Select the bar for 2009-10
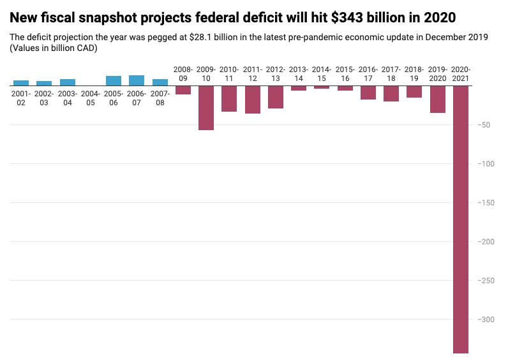[x=206, y=108]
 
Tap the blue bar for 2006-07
[x=137, y=80]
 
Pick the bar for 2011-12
[x=253, y=100]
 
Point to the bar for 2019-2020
[x=438, y=99]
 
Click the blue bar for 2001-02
[x=21, y=83]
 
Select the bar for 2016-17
[x=368, y=93]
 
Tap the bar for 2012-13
[x=276, y=97]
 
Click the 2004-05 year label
[x=91, y=98]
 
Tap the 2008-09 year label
[x=183, y=73]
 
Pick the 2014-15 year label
[x=322, y=73]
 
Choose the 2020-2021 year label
[x=461, y=73]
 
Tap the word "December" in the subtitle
[x=434, y=38]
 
